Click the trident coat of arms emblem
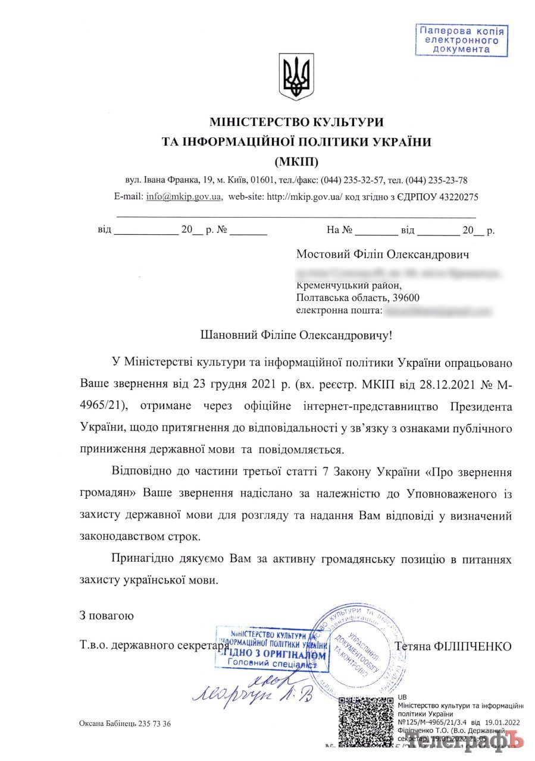pos(296,77)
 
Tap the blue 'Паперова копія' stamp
pos(461,40)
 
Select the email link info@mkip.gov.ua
pos(184,197)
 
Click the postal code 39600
pos(408,297)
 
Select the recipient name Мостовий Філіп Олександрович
pos(383,254)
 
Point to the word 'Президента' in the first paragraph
pos(481,405)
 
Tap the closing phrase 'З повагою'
pos(107,615)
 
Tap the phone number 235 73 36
pos(155,724)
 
